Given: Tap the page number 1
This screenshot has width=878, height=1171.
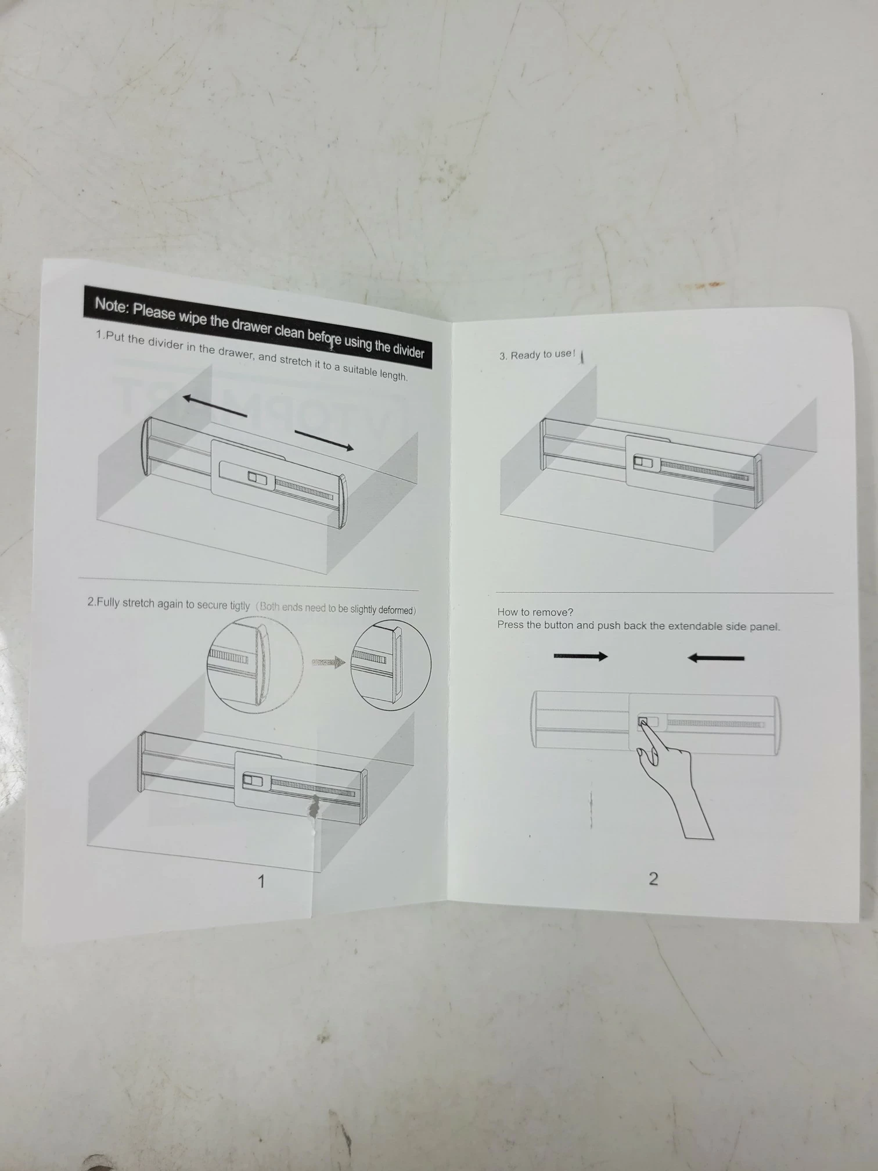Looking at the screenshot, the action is [261, 882].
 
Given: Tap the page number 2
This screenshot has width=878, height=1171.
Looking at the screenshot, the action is [653, 879].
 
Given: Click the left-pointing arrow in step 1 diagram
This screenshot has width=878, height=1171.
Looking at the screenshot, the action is [214, 405].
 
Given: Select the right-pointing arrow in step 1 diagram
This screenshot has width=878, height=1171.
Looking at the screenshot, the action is [324, 440].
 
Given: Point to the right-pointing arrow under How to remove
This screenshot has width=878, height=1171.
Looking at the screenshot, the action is [581, 656].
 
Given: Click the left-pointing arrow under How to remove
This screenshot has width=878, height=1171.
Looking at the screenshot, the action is [715, 658].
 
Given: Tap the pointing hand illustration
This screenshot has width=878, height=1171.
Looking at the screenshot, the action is [674, 778].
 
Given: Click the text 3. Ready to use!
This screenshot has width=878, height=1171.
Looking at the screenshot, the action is [537, 354].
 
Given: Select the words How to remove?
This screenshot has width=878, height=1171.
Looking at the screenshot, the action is [535, 612].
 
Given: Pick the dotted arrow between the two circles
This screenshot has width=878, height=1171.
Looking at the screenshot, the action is [329, 662].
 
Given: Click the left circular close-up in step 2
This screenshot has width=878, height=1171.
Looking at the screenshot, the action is [255, 664].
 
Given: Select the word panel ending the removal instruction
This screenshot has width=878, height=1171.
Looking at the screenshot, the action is [766, 627].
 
